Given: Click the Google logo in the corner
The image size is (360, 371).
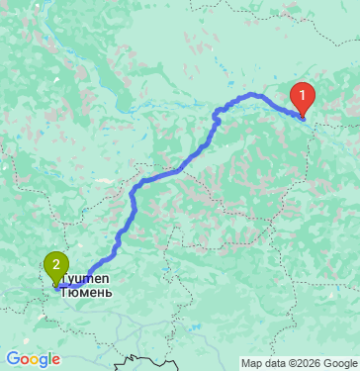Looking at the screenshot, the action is click(x=33, y=359).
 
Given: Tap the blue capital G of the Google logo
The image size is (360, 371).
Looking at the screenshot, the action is click(x=13, y=359).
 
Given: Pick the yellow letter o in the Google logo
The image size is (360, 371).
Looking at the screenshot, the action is click(x=34, y=360).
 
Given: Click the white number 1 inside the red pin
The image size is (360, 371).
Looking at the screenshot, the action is click(x=303, y=96).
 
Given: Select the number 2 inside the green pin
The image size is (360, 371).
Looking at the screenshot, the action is click(x=54, y=263).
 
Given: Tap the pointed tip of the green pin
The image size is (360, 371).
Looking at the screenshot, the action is click(x=54, y=285).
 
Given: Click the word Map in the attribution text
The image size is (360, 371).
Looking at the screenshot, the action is click(x=252, y=363).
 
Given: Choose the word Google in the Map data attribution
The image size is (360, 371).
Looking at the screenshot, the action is click(x=341, y=363).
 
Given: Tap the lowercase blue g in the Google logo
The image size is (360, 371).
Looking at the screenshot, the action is click(x=43, y=361).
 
